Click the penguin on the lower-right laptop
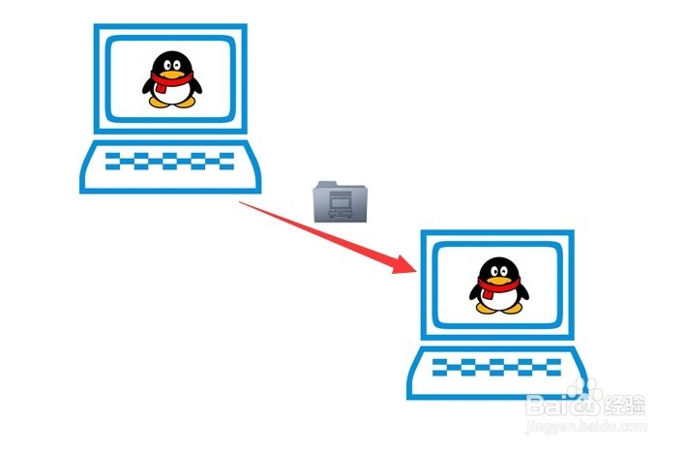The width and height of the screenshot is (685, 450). pos(499,285)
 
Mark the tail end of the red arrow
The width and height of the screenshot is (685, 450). pos(241,201)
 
